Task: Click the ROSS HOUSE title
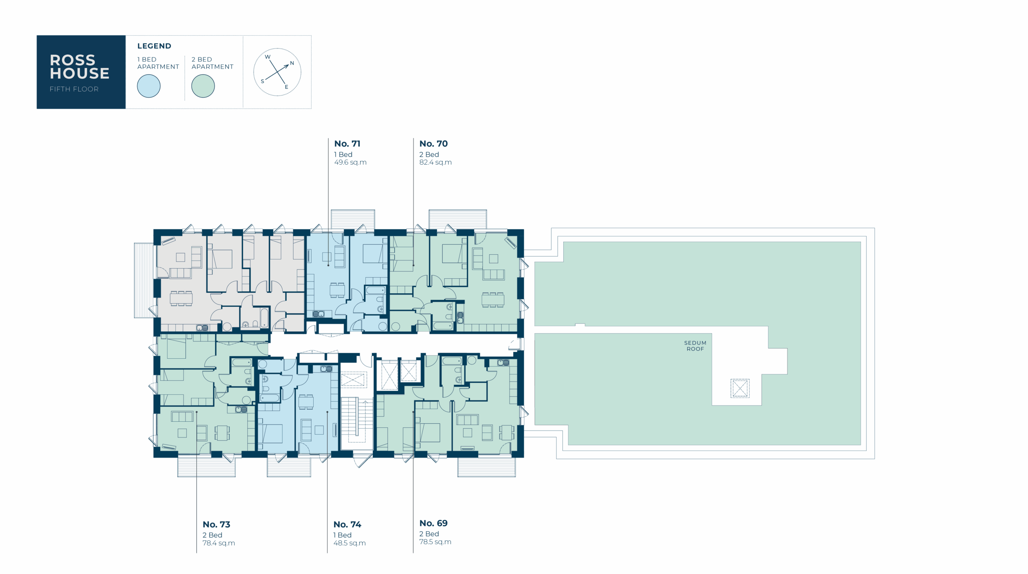[80, 67]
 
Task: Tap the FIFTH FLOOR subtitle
[74, 89]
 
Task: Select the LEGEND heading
[154, 46]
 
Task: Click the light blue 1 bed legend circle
[149, 86]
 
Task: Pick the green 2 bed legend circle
[203, 86]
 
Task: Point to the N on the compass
[292, 63]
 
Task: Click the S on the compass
[263, 81]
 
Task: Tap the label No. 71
[347, 144]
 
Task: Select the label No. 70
[433, 144]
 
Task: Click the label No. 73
[216, 525]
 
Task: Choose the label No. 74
[347, 525]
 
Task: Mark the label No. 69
[433, 523]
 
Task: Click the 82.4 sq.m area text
[435, 162]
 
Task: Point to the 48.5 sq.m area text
[349, 543]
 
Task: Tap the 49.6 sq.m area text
[350, 162]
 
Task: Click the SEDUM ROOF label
[695, 346]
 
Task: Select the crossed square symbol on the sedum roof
[740, 388]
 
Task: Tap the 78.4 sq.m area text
[218, 543]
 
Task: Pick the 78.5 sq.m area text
[435, 542]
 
